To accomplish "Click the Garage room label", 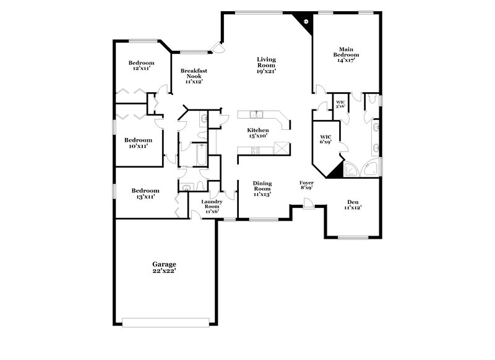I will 165,268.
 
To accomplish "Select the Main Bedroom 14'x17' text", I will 348,54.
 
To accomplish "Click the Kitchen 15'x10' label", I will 258,133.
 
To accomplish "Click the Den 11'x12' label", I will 353,205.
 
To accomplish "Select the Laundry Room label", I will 211,207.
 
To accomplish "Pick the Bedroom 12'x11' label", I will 141,66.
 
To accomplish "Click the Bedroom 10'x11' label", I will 138,143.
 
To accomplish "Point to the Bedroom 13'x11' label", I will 145,194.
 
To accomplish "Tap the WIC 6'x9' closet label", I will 325,139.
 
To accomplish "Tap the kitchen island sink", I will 256,114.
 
